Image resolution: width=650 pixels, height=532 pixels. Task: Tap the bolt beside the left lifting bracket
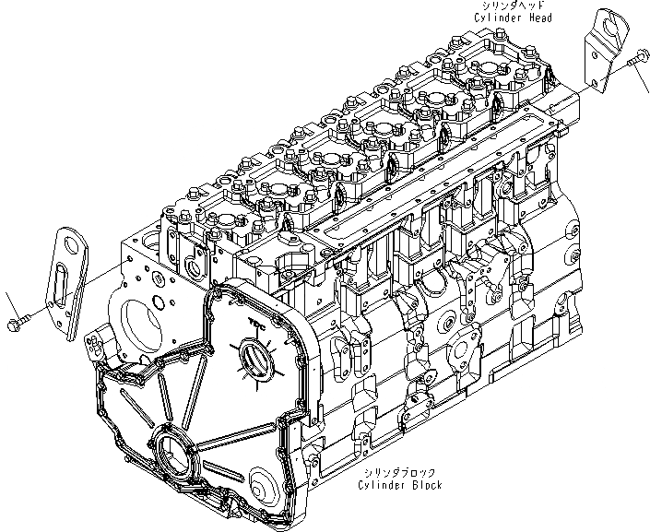pos(20,323)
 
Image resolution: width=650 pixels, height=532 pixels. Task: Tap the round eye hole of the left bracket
pos(67,243)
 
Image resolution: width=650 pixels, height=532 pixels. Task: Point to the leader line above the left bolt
pos(10,302)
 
